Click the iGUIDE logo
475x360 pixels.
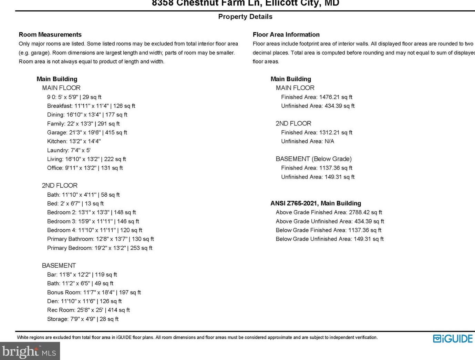(x=453, y=339)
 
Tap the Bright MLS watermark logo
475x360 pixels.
(x=29, y=351)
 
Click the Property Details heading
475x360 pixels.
(x=245, y=17)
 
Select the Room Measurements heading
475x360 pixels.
(x=50, y=34)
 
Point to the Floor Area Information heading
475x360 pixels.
(x=286, y=34)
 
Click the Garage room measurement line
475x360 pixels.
(x=87, y=132)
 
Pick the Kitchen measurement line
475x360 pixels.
(x=74, y=141)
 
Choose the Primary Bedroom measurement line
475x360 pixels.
(x=100, y=248)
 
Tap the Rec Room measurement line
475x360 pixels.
(x=89, y=310)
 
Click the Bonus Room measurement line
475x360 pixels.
(x=94, y=292)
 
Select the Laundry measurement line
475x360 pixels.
(x=69, y=150)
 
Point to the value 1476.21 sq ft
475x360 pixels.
(x=335, y=97)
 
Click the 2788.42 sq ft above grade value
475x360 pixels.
(x=365, y=212)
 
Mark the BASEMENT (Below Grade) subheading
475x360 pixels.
(x=313, y=159)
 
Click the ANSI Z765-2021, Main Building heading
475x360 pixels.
(x=316, y=203)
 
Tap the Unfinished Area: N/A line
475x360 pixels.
(x=307, y=141)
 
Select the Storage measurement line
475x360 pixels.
(x=83, y=319)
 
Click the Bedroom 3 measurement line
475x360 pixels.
(x=93, y=221)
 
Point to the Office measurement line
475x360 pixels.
(x=85, y=168)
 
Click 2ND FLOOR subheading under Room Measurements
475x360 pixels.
(x=60, y=185)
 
